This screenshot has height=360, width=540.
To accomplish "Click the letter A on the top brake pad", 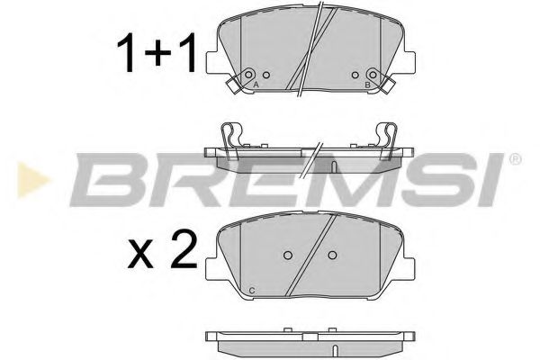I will (256, 84).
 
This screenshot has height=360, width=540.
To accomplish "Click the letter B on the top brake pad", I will (368, 84).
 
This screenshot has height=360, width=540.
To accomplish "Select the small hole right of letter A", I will (266, 75).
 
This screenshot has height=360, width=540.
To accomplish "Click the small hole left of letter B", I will (355, 75).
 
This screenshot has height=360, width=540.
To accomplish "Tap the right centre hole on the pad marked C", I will (333, 255).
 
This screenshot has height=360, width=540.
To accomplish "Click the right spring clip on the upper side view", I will (387, 137).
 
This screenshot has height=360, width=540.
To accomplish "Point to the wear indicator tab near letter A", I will (232, 85).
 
